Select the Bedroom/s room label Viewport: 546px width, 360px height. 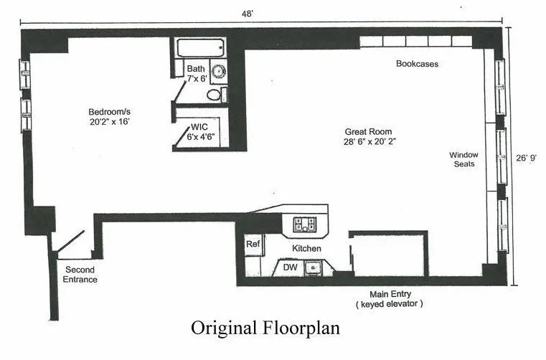(109, 117)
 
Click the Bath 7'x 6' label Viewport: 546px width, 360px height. (196, 73)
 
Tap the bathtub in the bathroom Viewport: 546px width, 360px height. (200, 49)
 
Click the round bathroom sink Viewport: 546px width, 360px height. (218, 72)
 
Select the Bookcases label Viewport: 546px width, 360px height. (417, 64)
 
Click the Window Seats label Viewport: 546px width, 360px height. (463, 159)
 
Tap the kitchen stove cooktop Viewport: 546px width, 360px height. (306, 225)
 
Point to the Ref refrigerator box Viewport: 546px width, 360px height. (253, 245)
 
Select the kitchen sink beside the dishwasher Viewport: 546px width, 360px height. (313, 268)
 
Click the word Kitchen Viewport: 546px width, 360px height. (306, 248)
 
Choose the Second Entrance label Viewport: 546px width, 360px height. (80, 275)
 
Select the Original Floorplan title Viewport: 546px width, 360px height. (265, 328)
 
